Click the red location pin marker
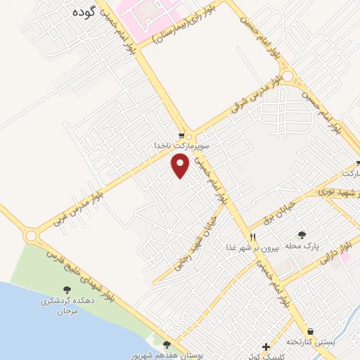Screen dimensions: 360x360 click(x=181, y=166)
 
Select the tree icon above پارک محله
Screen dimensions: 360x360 click(x=302, y=236)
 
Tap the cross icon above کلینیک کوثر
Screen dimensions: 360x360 click(x=265, y=347)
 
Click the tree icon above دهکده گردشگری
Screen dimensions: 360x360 click(x=67, y=290)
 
